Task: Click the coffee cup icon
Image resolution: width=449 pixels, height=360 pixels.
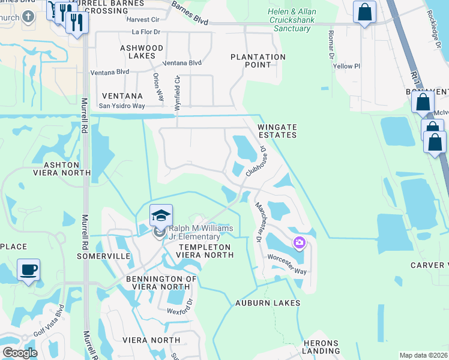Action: coord(28,269)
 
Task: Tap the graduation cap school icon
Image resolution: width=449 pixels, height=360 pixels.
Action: coord(161,215)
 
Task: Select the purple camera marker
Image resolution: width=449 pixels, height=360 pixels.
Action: coord(299,243)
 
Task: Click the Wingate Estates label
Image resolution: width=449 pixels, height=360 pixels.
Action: coord(277,131)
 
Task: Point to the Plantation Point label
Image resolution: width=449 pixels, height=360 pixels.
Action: coord(258,57)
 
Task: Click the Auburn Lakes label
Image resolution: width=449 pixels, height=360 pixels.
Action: coord(268,303)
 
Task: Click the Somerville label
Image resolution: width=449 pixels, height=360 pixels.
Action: coord(104,256)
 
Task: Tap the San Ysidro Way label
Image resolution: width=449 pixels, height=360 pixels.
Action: coord(122,106)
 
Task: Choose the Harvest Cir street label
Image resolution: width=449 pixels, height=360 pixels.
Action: coord(142,19)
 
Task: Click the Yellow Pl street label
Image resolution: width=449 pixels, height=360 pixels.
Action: coord(346,67)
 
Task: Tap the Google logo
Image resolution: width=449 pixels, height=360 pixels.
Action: coord(20,353)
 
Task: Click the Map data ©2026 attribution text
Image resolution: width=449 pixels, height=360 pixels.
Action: coord(423,355)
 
